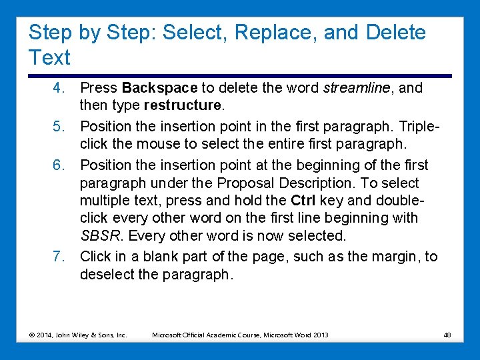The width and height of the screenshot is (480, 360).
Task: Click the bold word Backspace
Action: point(160,88)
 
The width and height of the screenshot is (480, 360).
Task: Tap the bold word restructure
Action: point(182,105)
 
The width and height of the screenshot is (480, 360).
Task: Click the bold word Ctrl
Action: point(303,201)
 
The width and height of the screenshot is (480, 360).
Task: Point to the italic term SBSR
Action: point(100,236)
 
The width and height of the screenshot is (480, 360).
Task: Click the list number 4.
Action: point(59,88)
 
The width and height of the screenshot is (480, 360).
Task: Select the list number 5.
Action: point(59,126)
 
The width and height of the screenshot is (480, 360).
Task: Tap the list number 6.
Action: point(59,165)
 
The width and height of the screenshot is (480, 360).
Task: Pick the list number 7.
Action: point(59,257)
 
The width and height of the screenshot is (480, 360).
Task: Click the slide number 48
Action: point(447,334)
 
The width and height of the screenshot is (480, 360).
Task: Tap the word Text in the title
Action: point(49,58)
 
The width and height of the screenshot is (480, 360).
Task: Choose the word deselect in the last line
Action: point(106,275)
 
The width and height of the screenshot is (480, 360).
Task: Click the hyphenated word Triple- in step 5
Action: point(412,126)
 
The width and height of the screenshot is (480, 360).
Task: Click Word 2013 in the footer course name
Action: point(311,334)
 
